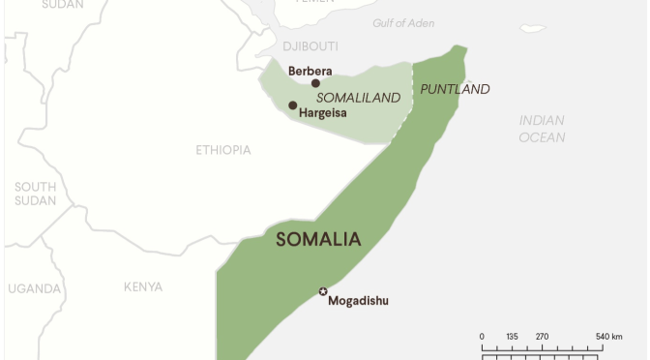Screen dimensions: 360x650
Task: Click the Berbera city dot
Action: [x=315, y=83]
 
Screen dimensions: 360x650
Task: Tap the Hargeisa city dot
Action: [x=293, y=105]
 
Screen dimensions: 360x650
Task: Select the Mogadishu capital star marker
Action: [x=323, y=291]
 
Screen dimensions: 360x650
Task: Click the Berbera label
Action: [x=310, y=71]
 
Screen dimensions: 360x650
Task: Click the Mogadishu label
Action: [x=358, y=301]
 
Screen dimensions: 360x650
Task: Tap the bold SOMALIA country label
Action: [x=318, y=239]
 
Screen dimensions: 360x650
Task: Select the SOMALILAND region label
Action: [x=359, y=98]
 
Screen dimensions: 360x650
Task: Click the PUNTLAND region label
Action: [x=455, y=89]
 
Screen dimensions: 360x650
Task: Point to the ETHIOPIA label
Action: [x=223, y=150]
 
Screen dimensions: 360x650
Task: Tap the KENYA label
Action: [x=143, y=287]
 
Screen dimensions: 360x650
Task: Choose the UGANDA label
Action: [x=35, y=288]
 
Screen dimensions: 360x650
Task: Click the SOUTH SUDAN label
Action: [x=36, y=194]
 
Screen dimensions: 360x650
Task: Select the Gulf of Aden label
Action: [x=403, y=23]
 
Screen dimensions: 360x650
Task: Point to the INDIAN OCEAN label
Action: [x=542, y=129]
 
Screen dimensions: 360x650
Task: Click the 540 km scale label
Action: [x=608, y=337]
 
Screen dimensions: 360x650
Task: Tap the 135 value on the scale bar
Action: [x=512, y=337]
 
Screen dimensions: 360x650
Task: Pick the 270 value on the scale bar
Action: [x=542, y=337]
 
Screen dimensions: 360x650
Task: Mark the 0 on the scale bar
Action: [x=482, y=337]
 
